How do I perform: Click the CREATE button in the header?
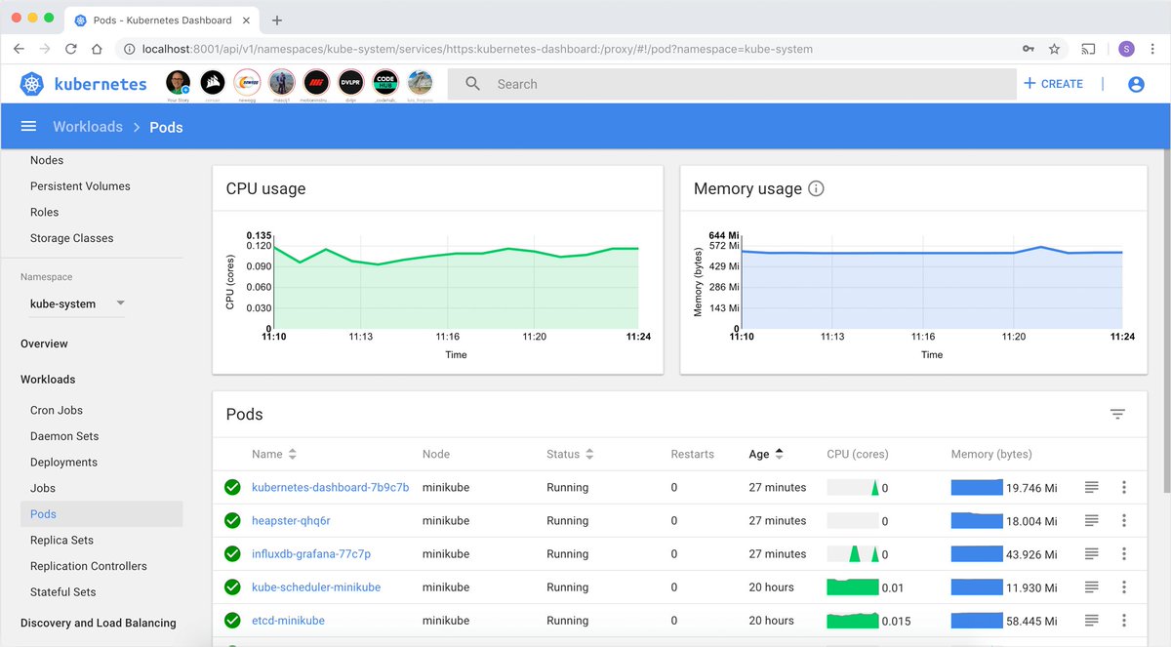tap(1053, 84)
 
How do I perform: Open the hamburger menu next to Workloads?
tap(28, 126)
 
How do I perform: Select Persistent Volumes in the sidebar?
tap(80, 186)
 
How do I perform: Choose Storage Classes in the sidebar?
tap(71, 238)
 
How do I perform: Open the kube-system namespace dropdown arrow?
tap(120, 303)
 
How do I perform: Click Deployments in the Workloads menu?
tap(63, 463)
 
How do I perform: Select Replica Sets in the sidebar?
tap(61, 540)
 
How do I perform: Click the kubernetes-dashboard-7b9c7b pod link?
tap(330, 487)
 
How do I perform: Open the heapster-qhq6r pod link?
tap(291, 521)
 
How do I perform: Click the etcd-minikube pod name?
tap(288, 621)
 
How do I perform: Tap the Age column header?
tap(759, 454)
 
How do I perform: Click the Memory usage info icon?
tap(817, 188)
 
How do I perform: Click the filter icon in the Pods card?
tap(1117, 414)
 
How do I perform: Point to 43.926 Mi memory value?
tap(1031, 554)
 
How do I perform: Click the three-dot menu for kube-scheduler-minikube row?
tap(1124, 587)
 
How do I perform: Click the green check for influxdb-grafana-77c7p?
tap(232, 554)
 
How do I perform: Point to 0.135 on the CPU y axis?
tap(259, 235)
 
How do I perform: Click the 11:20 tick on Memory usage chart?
tap(1013, 337)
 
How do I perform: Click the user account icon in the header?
tap(1136, 84)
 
